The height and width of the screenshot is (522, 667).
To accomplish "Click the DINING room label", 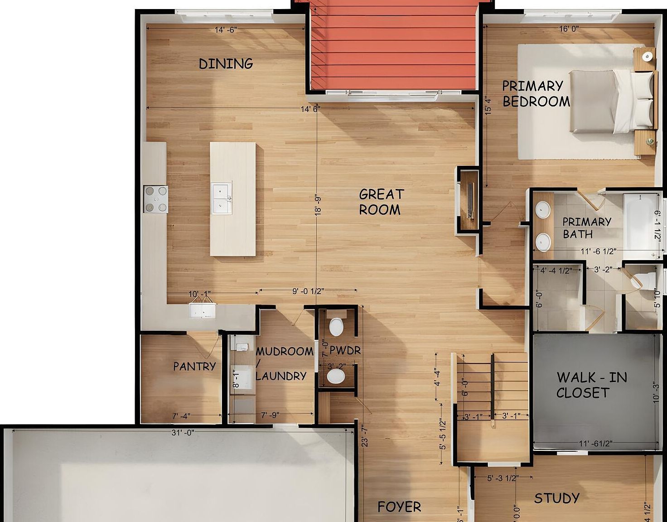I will (x=226, y=64).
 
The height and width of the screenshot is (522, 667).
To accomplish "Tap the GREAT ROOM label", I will (x=381, y=202).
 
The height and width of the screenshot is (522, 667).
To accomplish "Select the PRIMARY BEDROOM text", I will (x=536, y=94).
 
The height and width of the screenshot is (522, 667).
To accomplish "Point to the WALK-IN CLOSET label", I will (x=591, y=385).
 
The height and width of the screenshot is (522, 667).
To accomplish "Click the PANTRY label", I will (x=194, y=366).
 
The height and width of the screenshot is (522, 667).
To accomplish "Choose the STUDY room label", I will (x=556, y=498).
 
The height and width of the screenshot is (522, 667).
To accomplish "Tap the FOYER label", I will (x=399, y=507).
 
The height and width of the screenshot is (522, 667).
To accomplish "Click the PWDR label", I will (x=345, y=350).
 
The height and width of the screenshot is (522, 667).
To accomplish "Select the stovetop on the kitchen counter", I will (x=155, y=199).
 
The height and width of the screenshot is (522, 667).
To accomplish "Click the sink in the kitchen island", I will (x=222, y=198).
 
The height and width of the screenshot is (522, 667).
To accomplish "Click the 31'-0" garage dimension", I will (x=183, y=433).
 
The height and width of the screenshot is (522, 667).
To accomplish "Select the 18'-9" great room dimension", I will (x=318, y=205).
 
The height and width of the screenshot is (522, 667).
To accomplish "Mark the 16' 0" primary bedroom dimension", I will (x=569, y=29).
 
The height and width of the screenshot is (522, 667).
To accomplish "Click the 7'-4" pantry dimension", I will (x=181, y=416).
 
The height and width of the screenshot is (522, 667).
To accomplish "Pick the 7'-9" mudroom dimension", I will (x=270, y=415).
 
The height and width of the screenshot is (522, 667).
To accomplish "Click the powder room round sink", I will (x=336, y=376).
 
